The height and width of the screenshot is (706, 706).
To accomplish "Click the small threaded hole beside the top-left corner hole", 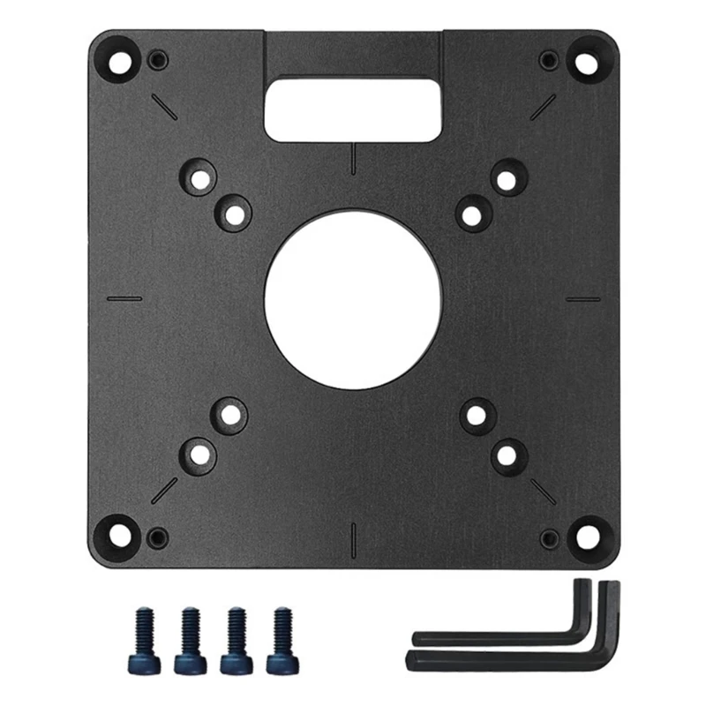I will (x=159, y=60).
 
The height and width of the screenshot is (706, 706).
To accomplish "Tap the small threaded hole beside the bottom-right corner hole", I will (x=549, y=536).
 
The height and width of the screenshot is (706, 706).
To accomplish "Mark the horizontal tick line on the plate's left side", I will (x=124, y=298).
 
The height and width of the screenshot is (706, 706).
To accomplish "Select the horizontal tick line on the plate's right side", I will (x=582, y=298).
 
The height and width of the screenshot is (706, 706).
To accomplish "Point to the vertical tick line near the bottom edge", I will (x=353, y=536).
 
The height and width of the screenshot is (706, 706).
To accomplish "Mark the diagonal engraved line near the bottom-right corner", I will (x=542, y=492).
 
